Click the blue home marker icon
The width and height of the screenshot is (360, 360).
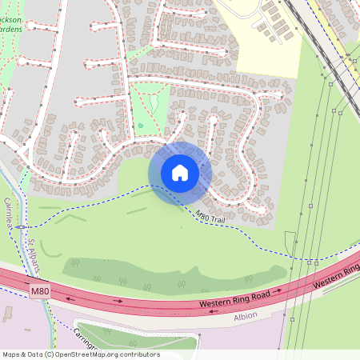click(180, 172)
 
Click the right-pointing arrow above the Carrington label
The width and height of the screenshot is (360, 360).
click(117, 302)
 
